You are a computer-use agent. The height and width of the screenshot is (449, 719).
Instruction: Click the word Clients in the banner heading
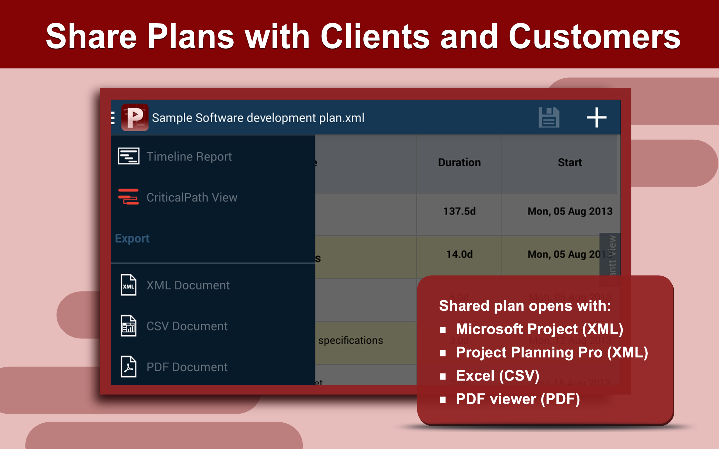tap(375, 36)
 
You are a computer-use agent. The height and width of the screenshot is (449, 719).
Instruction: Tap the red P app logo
tap(135, 117)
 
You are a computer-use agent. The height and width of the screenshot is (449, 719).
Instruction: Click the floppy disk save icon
tap(549, 118)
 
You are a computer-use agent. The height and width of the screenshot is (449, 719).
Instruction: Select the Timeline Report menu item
tap(189, 157)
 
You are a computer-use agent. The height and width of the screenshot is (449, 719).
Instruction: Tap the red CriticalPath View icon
tap(128, 197)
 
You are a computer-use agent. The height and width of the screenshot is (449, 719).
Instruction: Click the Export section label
tap(132, 239)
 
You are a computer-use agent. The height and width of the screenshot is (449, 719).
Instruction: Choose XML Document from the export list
tap(188, 285)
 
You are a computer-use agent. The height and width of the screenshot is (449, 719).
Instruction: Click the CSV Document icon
tap(128, 326)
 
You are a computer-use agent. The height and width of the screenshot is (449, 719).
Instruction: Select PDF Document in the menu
tap(187, 367)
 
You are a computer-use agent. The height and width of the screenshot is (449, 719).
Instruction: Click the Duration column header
tap(459, 162)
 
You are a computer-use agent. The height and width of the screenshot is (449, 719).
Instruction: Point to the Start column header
tap(570, 162)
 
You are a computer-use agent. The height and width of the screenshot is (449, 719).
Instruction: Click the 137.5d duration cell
tap(459, 211)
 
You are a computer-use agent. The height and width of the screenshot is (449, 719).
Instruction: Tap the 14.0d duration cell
tap(459, 255)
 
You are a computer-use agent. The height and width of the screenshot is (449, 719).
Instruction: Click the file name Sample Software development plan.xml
tap(258, 118)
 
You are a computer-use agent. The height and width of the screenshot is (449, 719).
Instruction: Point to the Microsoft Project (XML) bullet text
tap(539, 329)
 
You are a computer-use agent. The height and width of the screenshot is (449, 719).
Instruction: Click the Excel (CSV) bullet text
tap(497, 376)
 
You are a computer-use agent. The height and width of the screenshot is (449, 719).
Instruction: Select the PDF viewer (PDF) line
tap(518, 399)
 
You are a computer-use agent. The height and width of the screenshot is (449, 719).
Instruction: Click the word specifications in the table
tap(351, 340)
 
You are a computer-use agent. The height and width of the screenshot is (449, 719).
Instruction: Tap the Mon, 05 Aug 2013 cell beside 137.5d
tap(570, 211)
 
